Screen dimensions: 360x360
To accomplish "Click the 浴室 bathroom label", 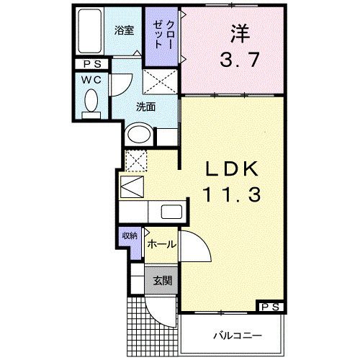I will pos(125,30).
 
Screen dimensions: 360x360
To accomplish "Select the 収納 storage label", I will pos(130,235).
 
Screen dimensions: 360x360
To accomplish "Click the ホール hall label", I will pos(160,245).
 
